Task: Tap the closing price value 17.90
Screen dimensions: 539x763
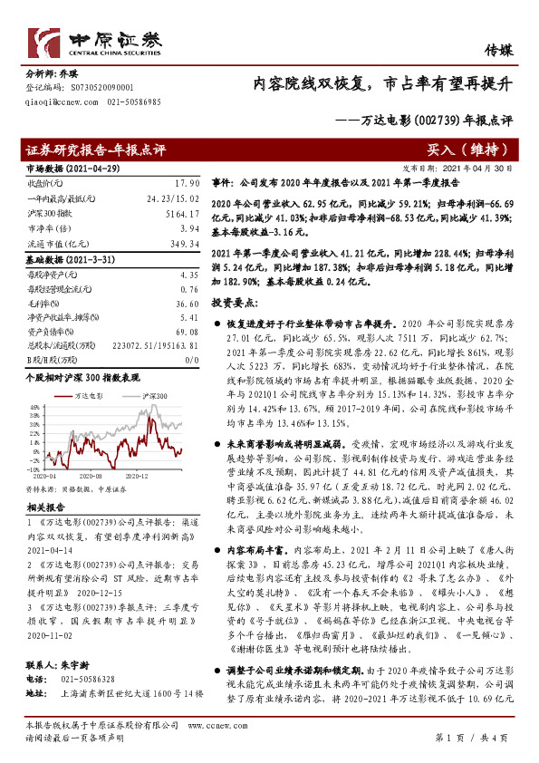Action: (186, 182)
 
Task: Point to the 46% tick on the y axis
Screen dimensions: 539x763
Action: (34, 407)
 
